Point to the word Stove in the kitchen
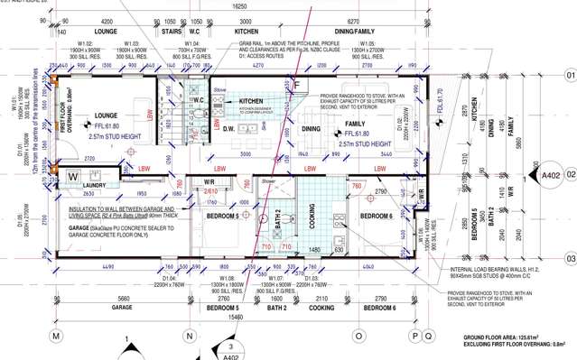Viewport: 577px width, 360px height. pyautogui.click(x=220, y=90)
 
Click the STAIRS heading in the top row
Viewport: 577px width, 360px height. pyautogui.click(x=172, y=30)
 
